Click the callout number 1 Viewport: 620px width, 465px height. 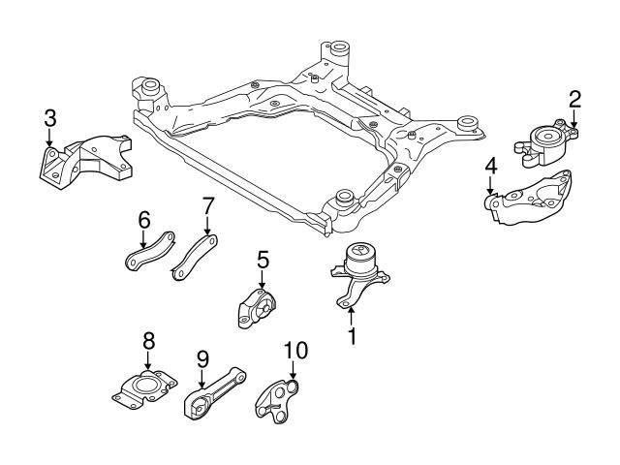(352, 337)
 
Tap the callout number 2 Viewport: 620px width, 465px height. (574, 98)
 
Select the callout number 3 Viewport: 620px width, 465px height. (49, 119)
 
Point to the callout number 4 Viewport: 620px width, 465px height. (490, 167)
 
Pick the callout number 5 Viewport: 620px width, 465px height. (262, 260)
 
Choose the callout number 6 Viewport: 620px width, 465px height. (143, 221)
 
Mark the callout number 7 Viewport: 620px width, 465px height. (206, 206)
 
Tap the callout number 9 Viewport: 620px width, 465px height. (202, 359)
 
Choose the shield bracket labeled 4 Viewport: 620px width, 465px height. (531, 199)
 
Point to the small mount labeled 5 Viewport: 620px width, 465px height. (257, 308)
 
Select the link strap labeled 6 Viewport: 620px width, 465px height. (147, 250)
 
